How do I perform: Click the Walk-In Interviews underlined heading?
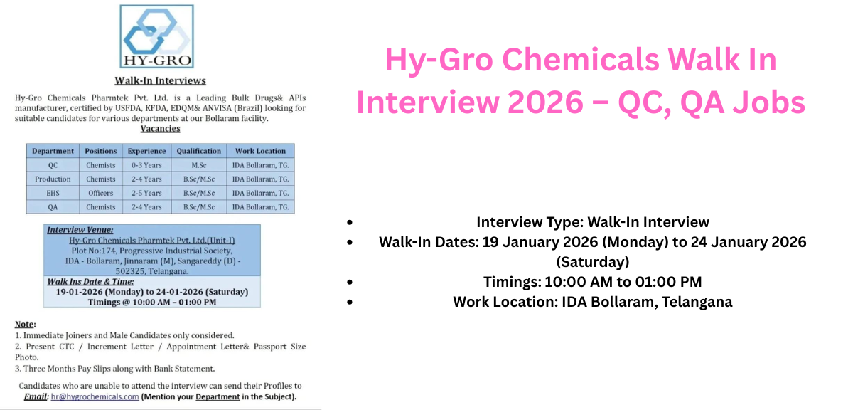(160, 80)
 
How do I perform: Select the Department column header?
(53, 151)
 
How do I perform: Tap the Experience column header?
(146, 151)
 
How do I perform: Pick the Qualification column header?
(199, 151)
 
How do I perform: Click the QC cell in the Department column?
(53, 165)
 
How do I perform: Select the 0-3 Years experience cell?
(146, 165)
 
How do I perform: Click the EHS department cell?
(53, 193)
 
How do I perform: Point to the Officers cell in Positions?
(100, 193)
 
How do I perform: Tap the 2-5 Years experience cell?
(146, 193)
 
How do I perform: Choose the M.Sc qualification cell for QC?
(199, 165)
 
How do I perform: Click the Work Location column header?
(260, 151)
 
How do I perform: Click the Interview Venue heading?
(80, 230)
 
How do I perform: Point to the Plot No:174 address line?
(151, 251)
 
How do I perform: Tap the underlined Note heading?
(25, 324)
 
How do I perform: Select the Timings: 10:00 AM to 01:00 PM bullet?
(592, 282)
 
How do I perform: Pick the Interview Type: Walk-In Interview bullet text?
(592, 222)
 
